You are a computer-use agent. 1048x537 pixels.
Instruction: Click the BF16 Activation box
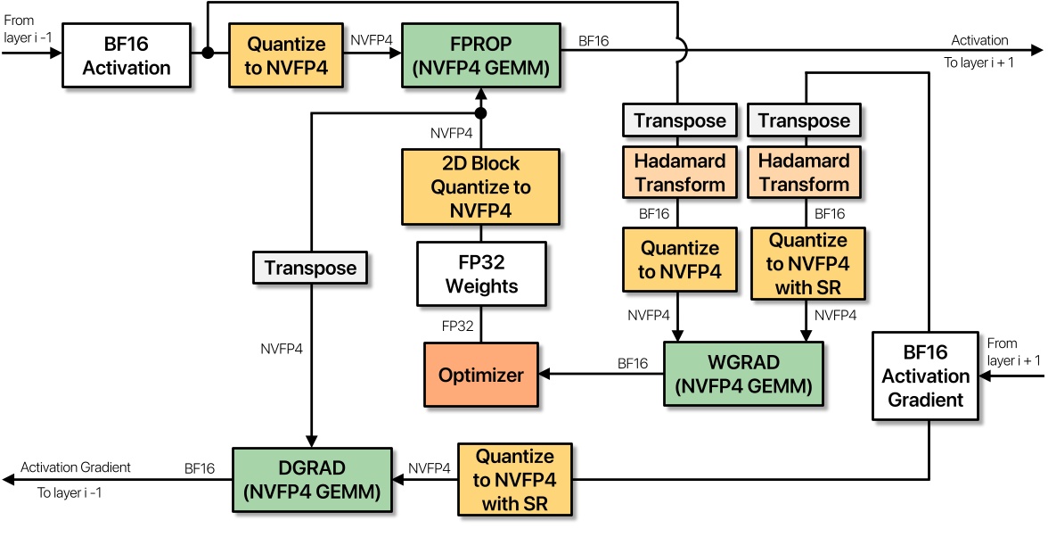(x=127, y=54)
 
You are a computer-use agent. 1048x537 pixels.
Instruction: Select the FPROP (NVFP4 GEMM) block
(x=482, y=54)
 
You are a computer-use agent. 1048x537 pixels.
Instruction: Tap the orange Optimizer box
(x=481, y=375)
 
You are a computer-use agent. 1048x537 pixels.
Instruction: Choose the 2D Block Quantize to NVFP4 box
(x=481, y=186)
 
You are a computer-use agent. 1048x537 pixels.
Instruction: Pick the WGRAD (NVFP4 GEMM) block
(x=743, y=375)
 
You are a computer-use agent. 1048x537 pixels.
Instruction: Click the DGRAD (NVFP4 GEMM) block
(x=313, y=479)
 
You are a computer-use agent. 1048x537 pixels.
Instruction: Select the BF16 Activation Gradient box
(x=926, y=376)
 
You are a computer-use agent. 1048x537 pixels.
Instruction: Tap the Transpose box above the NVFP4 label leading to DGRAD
(x=310, y=268)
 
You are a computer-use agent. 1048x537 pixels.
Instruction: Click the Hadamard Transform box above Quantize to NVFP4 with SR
(x=805, y=173)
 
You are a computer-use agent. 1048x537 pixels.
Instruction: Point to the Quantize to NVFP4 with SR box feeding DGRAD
(x=515, y=480)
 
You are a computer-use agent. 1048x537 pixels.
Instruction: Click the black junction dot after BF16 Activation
(x=208, y=54)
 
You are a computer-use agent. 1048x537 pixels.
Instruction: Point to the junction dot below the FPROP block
(x=481, y=113)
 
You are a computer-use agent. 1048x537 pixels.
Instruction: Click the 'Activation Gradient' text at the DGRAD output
(x=76, y=467)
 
